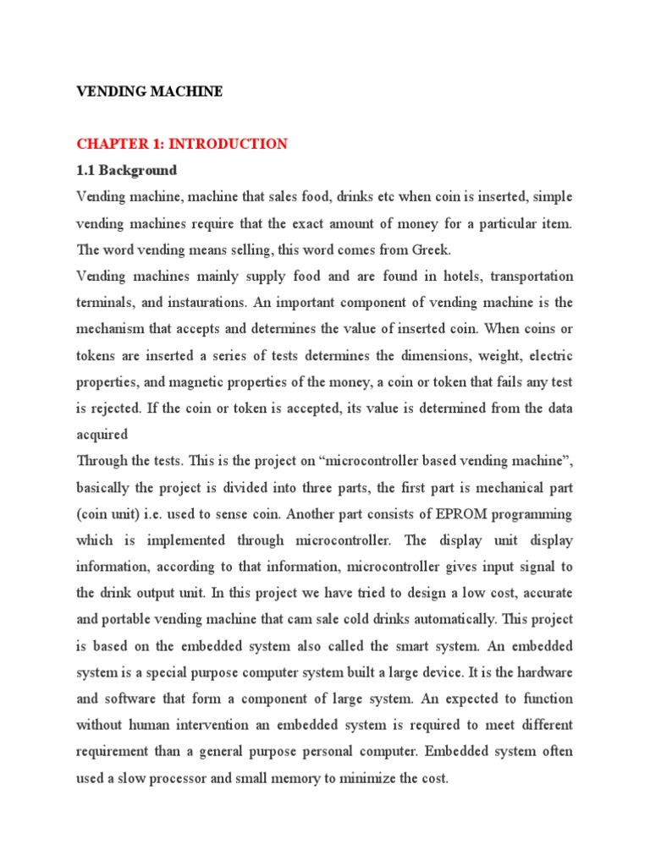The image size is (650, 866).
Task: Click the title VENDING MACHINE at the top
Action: point(150,91)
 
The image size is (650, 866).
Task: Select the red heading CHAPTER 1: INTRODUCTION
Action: point(182,144)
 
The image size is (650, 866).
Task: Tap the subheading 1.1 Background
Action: point(126,170)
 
